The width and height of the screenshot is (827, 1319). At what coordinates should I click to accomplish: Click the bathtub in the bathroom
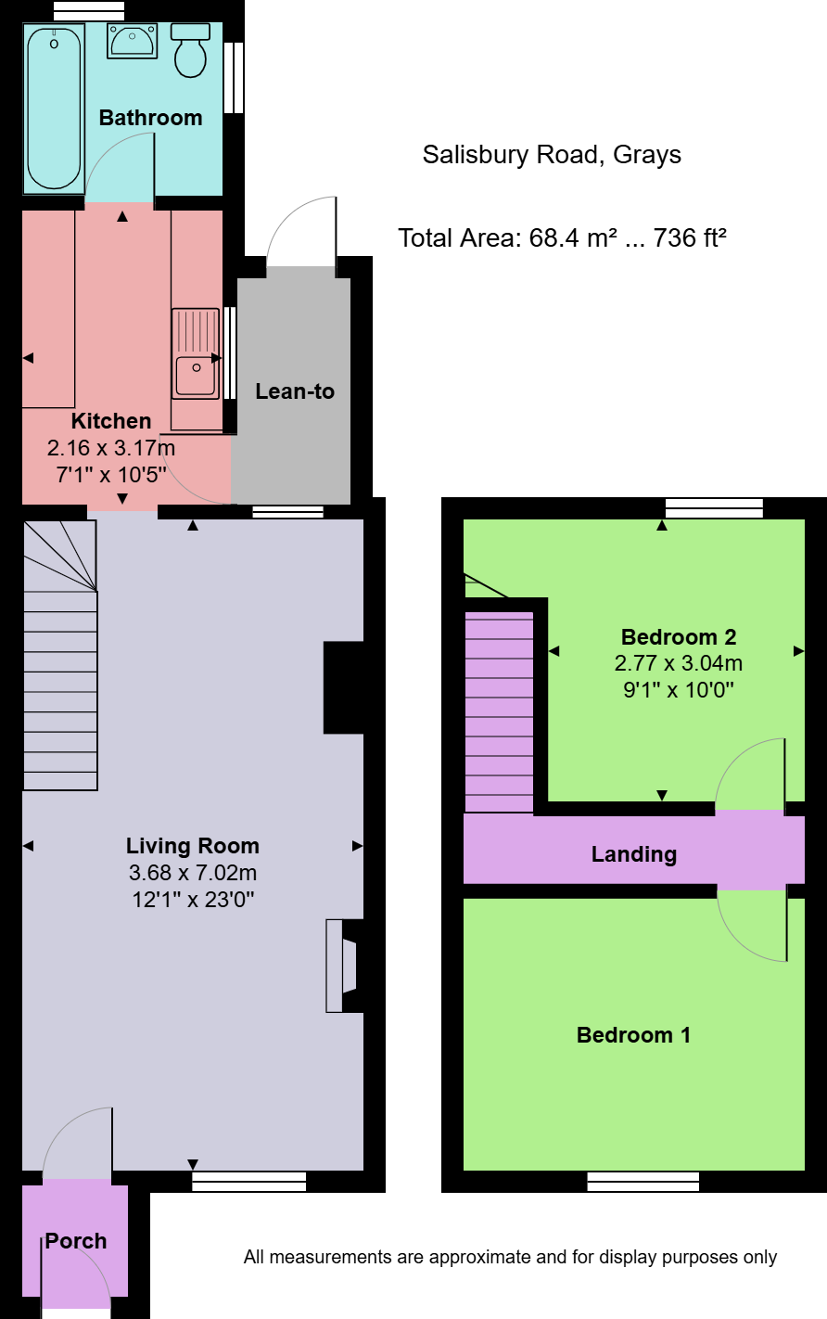(x=54, y=108)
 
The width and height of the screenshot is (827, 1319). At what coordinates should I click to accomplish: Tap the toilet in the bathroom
(x=191, y=51)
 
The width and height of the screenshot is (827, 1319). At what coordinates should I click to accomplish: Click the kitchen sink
(x=196, y=353)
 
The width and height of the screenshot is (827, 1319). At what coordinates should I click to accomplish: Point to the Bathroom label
(x=150, y=118)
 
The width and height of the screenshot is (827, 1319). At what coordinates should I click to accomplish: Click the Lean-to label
(x=295, y=391)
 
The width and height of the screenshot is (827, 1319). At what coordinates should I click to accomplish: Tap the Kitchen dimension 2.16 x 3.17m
(x=111, y=448)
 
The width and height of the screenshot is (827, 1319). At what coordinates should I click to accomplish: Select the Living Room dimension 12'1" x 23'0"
(x=193, y=899)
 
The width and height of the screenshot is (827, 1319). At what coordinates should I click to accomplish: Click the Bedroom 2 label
(x=679, y=637)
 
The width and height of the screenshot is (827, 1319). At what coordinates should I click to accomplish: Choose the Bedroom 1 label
(x=633, y=1035)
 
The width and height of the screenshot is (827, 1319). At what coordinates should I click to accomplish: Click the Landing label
(x=634, y=854)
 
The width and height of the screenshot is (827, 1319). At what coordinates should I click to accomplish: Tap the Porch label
(x=76, y=1241)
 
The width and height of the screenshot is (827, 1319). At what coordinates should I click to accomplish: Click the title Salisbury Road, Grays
(x=552, y=155)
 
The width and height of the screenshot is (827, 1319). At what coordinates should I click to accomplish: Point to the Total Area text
(x=562, y=238)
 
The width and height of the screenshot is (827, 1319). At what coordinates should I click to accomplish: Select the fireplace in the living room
(x=342, y=966)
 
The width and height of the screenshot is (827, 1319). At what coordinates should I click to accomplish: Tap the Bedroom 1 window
(x=643, y=1181)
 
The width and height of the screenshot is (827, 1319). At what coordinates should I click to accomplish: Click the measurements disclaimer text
(x=510, y=1258)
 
